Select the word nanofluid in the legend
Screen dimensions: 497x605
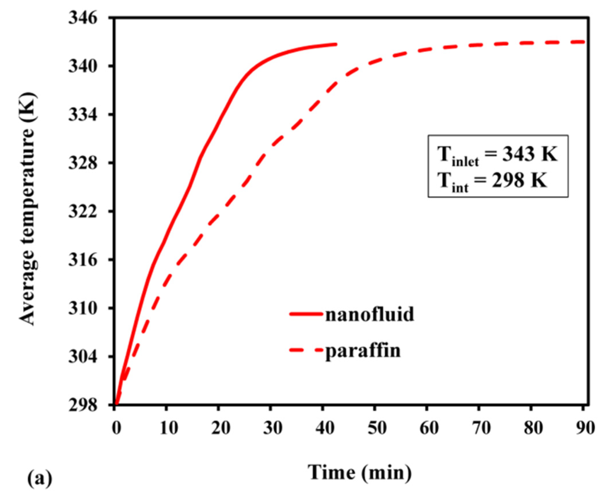pos(370,314)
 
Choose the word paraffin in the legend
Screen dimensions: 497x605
pos(363,350)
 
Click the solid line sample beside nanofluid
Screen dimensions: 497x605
pos(306,314)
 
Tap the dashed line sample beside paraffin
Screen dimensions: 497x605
pos(306,350)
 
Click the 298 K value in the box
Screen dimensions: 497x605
pos(519,181)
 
